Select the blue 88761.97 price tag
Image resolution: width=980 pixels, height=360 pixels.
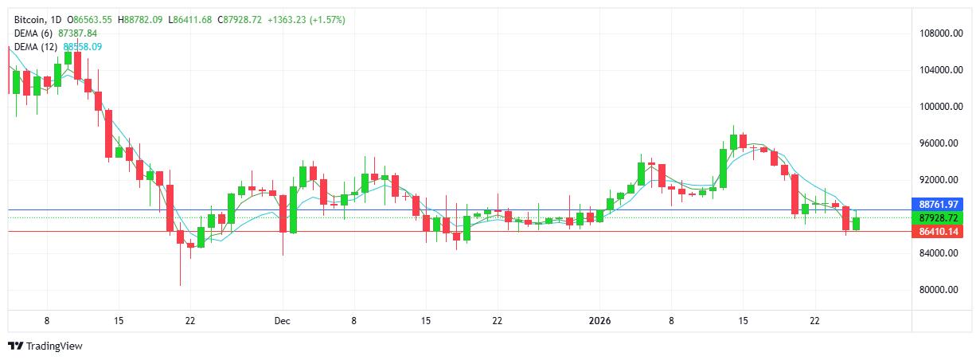(x=939, y=205)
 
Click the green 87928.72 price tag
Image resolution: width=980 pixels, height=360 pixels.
(x=939, y=217)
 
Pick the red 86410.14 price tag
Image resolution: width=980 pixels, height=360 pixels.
(x=939, y=232)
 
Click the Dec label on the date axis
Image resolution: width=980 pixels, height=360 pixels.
(x=283, y=321)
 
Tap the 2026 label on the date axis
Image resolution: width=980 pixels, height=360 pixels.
(x=599, y=321)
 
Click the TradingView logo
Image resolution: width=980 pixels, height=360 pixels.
(x=45, y=346)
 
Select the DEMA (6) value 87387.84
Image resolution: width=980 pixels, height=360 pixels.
(x=78, y=33)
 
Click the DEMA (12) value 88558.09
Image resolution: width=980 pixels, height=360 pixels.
(x=82, y=46)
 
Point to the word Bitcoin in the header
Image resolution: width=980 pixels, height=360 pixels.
(x=31, y=19)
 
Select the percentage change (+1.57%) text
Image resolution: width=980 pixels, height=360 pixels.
(x=328, y=19)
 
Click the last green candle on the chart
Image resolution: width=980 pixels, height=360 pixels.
(x=856, y=223)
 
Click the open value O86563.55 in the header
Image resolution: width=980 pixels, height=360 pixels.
(x=91, y=19)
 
